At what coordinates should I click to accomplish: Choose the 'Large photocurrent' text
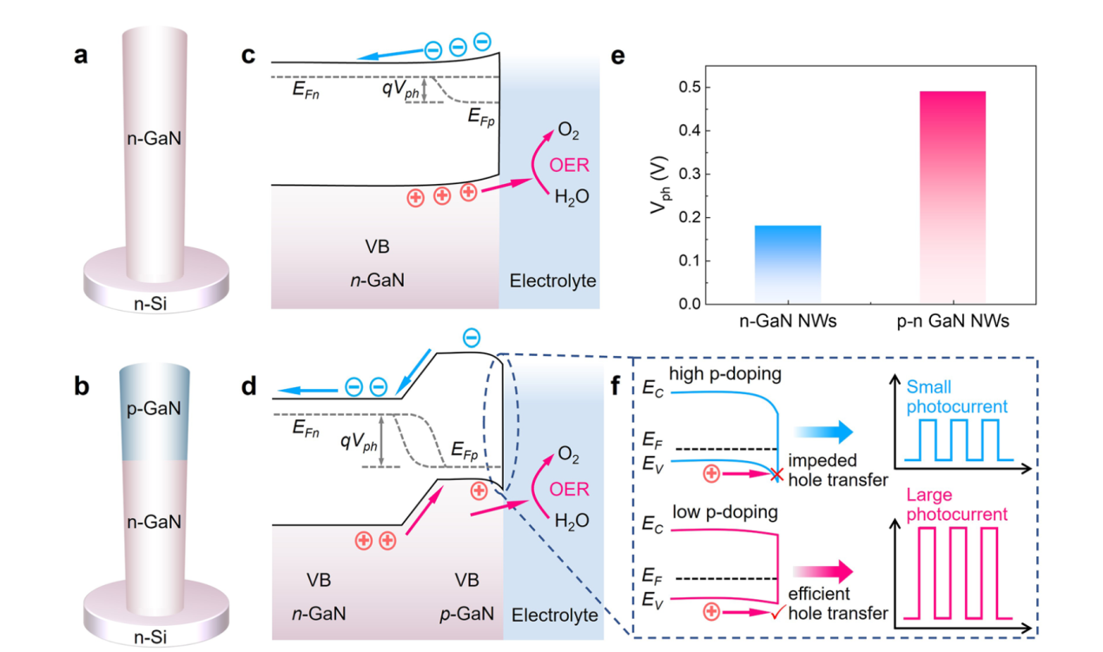coord(957,505)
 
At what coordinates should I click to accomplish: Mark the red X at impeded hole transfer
coord(776,474)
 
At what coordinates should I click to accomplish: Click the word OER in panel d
coord(570,489)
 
